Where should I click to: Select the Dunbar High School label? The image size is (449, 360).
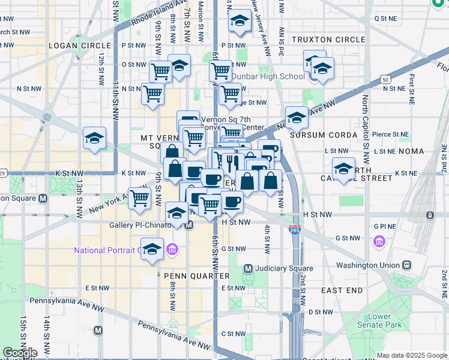coord(268,76)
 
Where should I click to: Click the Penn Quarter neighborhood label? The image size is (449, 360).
coord(197,275)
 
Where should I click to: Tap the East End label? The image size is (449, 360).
coord(342,290)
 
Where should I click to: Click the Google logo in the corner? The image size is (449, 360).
coord(19,353)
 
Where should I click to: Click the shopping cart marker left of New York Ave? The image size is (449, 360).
coord(140,197)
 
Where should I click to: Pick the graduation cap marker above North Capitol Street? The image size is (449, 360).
coord(343,168)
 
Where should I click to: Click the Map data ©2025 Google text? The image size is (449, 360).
coord(411,355)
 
